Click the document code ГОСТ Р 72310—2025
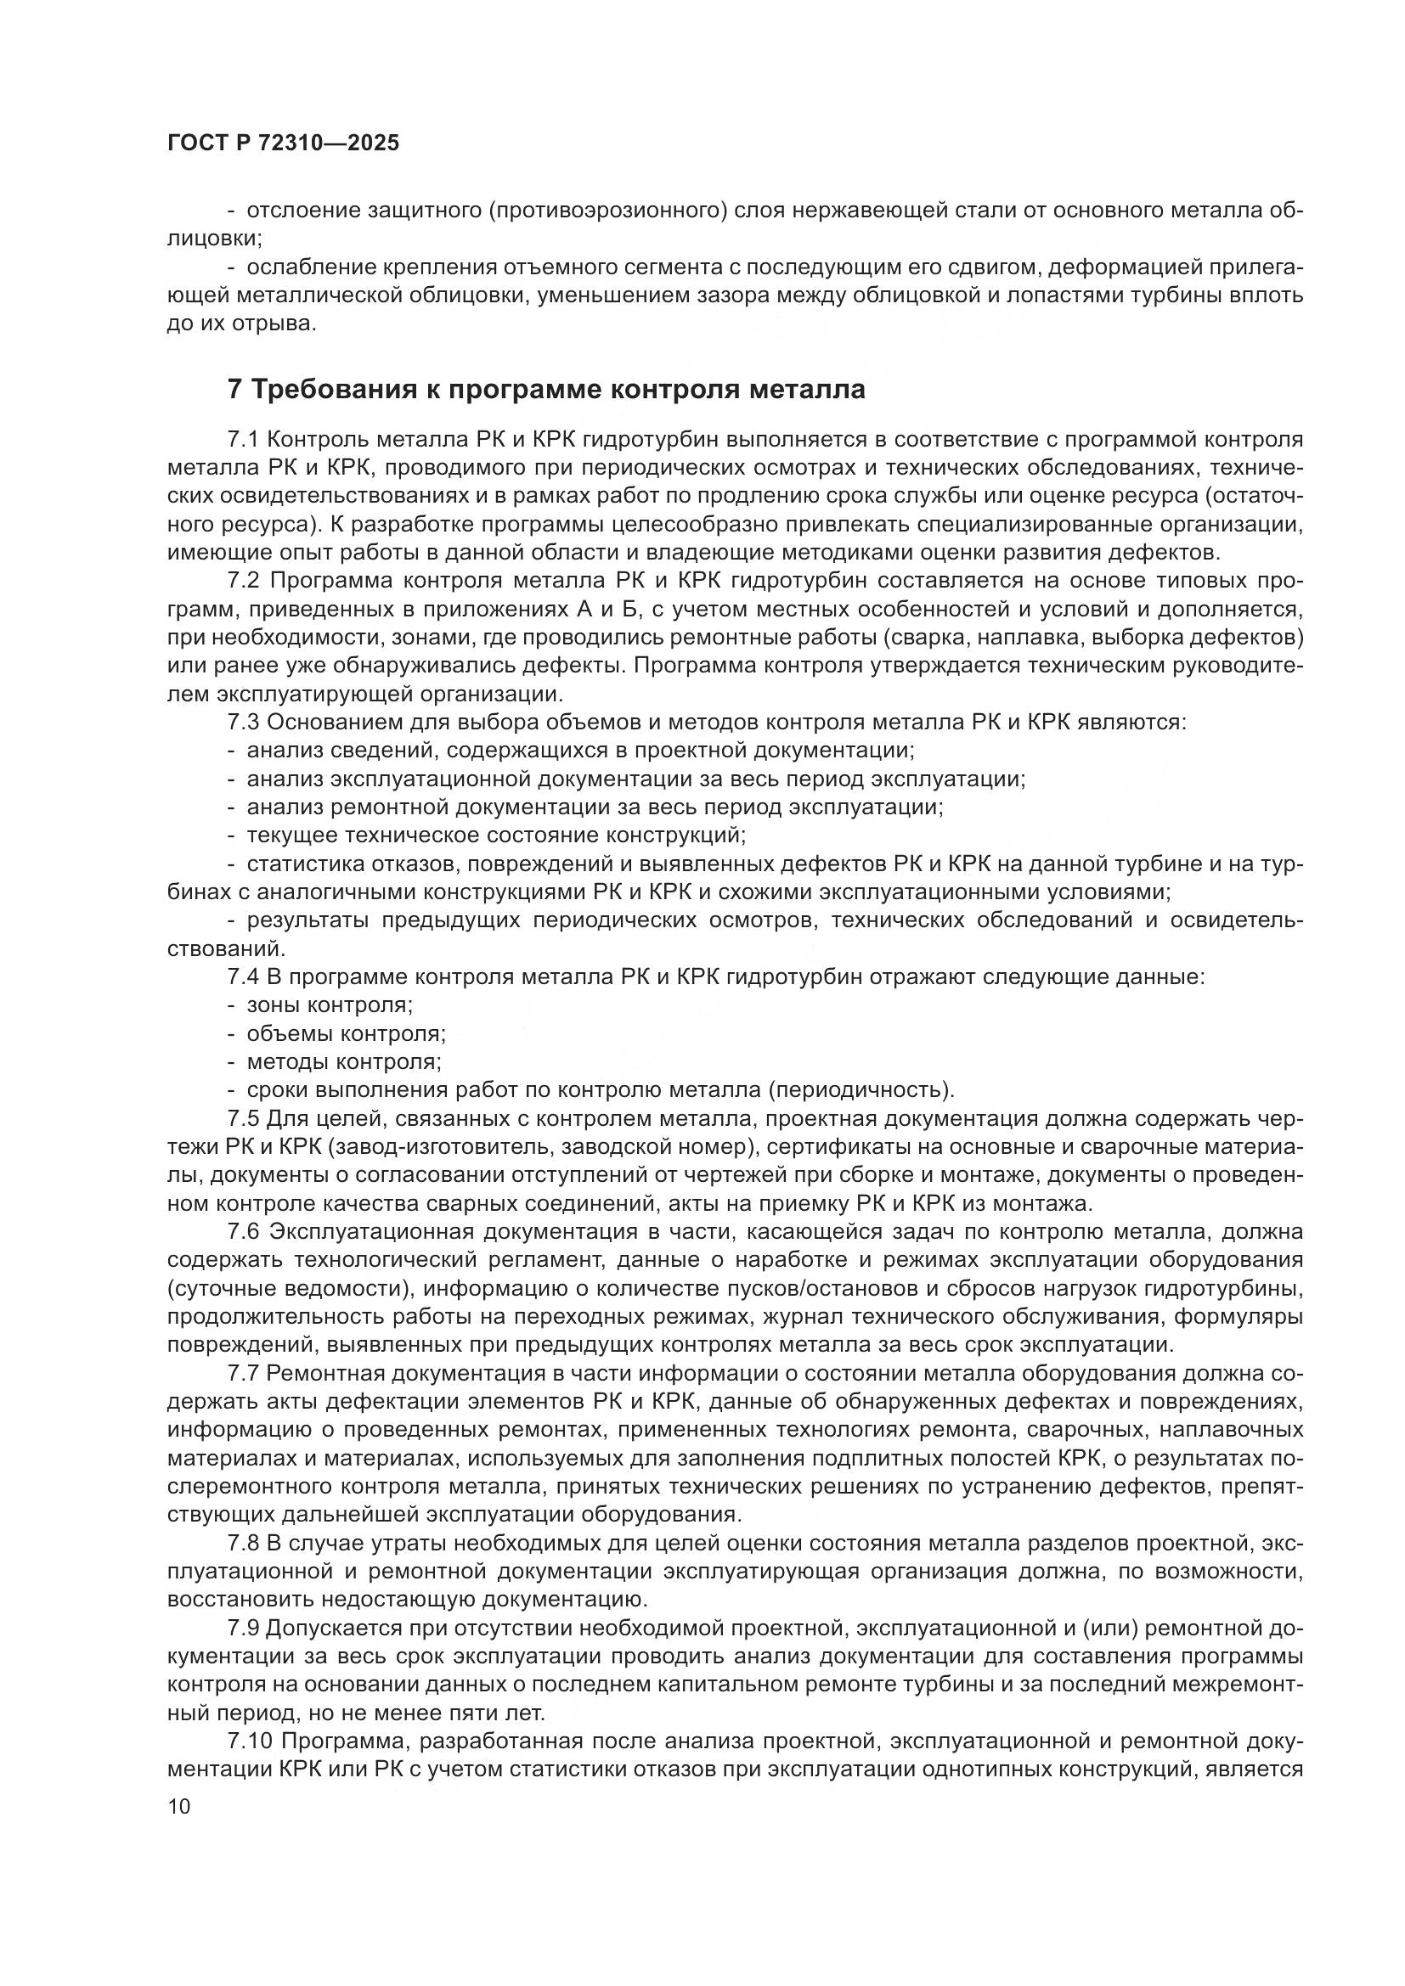(283, 143)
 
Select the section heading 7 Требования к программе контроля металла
(546, 389)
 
